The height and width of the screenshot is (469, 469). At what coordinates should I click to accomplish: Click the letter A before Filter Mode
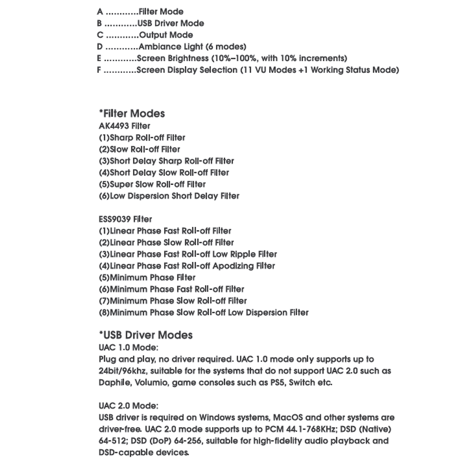pos(100,12)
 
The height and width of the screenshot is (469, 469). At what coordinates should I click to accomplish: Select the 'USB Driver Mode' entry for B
pos(171,23)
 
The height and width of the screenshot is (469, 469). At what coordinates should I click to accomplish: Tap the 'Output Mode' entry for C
pos(166,35)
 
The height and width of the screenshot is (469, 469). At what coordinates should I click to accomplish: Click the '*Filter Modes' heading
pos(132,113)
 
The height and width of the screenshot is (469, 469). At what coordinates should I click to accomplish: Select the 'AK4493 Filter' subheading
pos(124,126)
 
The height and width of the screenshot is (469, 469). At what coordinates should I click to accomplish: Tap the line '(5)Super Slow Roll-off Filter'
pos(152,184)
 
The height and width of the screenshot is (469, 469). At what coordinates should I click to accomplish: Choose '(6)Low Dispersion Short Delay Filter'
pos(169,196)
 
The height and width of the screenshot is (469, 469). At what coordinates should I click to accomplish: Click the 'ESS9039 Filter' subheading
pos(125,219)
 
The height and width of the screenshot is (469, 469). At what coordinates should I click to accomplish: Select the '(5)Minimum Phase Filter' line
pos(147,278)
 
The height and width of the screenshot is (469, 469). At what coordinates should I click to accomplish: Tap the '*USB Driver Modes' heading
pos(146,335)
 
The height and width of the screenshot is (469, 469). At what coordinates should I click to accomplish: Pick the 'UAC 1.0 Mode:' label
pos(128,348)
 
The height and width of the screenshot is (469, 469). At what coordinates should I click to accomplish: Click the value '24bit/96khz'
pos(122,371)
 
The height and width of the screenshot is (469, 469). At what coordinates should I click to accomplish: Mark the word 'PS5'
pos(278,383)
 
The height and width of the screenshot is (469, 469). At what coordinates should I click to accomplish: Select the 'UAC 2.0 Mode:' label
pos(128,406)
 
